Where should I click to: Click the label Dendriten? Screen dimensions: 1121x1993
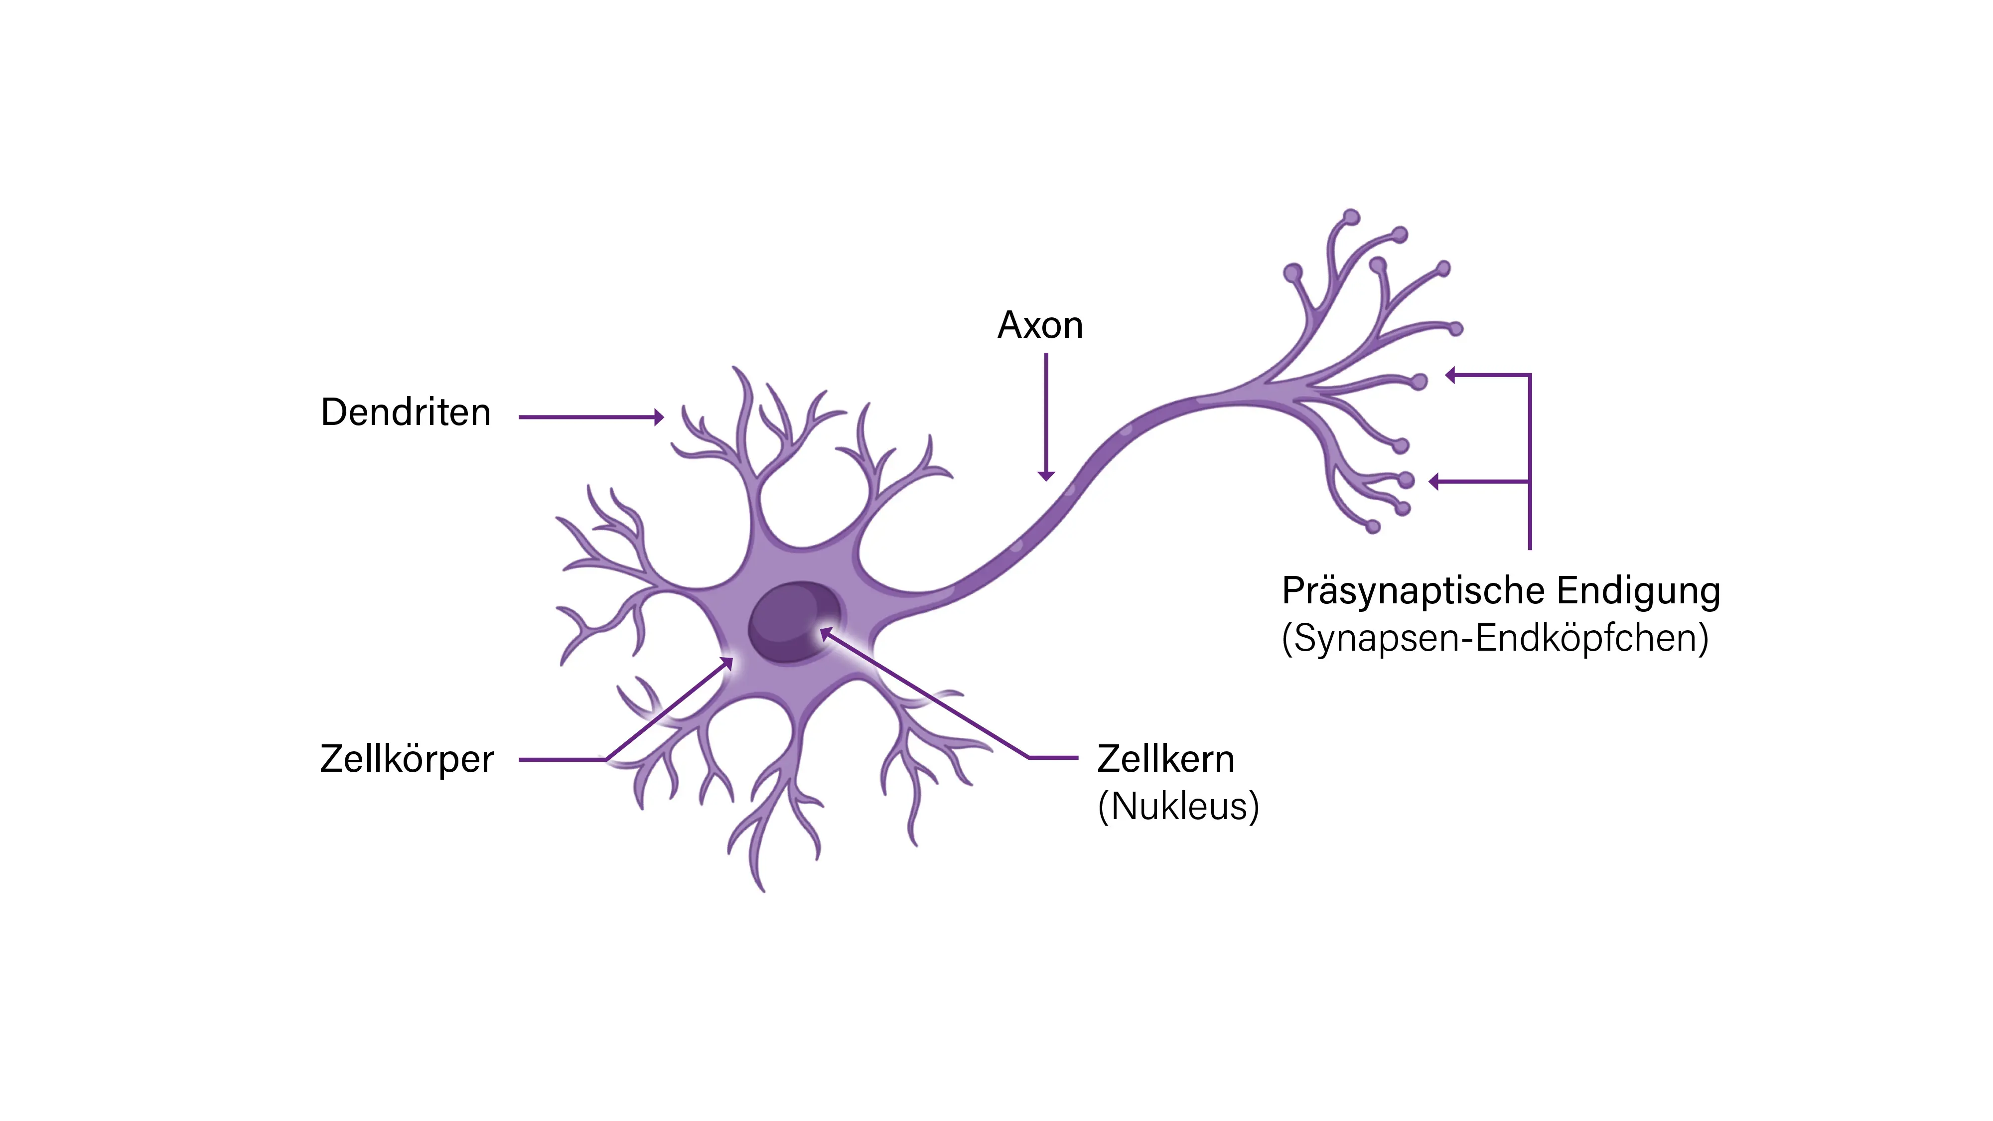[x=406, y=413]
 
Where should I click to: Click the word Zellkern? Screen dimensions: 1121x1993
[x=1165, y=759]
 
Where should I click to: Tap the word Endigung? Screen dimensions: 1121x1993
[x=1638, y=591]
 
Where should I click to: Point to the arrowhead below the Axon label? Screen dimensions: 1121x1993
[x=1046, y=475]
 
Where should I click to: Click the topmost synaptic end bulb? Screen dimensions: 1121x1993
[x=1352, y=217]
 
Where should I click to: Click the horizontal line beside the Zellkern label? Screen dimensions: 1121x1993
[x=1052, y=757]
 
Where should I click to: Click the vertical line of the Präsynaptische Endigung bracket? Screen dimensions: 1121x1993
[x=1530, y=464]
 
